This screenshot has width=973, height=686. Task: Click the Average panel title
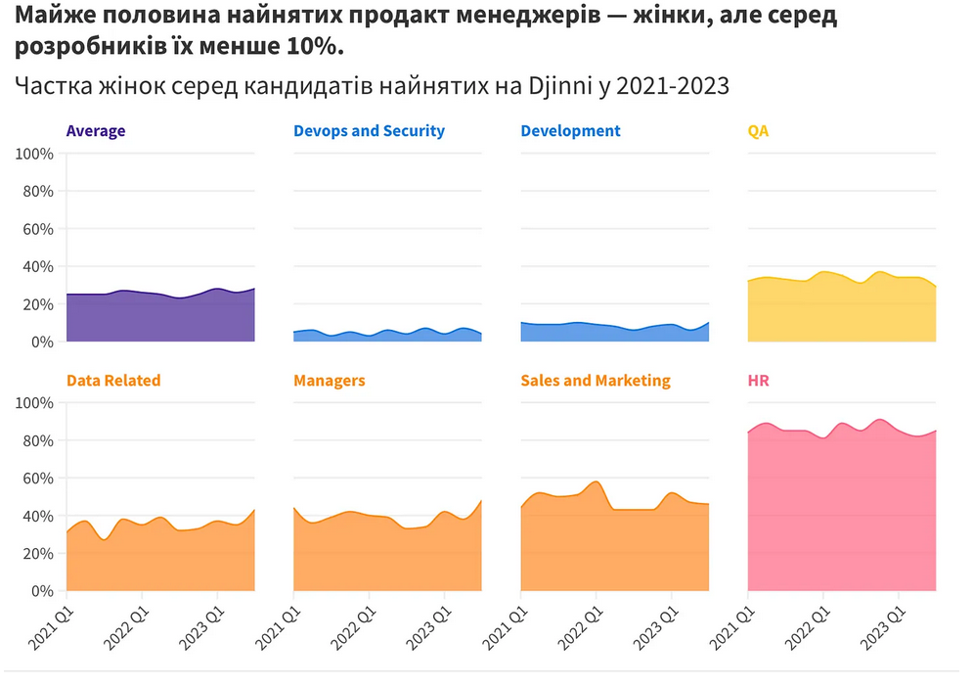tap(95, 131)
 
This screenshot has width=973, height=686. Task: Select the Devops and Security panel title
tap(369, 131)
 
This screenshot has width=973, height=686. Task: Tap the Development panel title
tap(570, 131)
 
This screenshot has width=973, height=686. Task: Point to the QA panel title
tap(758, 131)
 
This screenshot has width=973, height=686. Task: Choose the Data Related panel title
tap(113, 381)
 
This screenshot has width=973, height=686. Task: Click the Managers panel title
tap(329, 381)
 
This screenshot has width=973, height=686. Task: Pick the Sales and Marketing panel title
tap(596, 381)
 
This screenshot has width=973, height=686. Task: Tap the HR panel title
tap(758, 381)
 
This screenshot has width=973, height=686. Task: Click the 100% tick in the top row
tap(33, 154)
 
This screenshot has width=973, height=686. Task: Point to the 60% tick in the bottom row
tap(37, 479)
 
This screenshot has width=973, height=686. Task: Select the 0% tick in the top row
tap(41, 342)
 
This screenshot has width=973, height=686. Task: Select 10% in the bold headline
tap(319, 47)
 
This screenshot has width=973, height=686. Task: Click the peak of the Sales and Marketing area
tap(596, 482)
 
